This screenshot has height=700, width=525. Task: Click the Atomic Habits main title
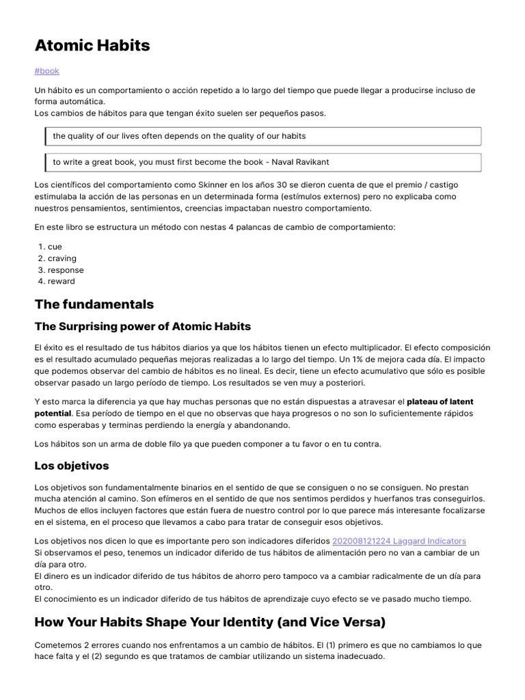[92, 46]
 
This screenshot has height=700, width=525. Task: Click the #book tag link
[46, 70]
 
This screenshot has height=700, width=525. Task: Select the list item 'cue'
[55, 247]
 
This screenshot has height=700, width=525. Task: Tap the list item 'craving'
[62, 258]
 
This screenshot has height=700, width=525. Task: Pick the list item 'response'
[66, 270]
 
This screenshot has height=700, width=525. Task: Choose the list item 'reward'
[62, 281]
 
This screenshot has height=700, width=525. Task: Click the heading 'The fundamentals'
[94, 304]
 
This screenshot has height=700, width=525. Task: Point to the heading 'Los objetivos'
[72, 466]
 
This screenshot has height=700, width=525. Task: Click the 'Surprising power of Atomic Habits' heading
[143, 326]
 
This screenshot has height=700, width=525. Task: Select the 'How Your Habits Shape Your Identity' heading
[210, 622]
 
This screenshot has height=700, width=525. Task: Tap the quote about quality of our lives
[179, 136]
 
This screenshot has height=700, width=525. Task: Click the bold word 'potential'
[53, 414]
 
